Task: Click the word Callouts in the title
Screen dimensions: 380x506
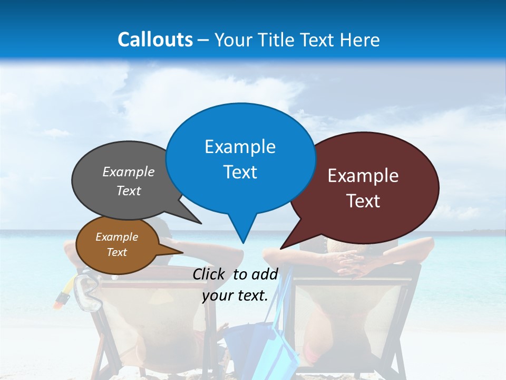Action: [x=155, y=40]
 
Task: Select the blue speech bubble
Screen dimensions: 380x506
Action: [x=240, y=158]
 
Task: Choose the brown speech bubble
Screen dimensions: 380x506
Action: [x=117, y=244]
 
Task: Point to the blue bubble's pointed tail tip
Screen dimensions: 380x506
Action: [x=243, y=242]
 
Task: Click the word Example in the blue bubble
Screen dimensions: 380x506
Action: [x=240, y=147]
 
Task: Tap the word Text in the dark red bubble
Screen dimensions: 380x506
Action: [x=363, y=201]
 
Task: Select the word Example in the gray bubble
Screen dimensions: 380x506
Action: [x=128, y=172]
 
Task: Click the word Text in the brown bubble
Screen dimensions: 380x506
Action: [x=117, y=252]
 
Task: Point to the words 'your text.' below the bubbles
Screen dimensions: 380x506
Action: [x=235, y=296]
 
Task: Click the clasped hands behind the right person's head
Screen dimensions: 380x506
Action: [x=352, y=261]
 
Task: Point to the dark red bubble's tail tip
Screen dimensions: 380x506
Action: [x=281, y=248]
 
